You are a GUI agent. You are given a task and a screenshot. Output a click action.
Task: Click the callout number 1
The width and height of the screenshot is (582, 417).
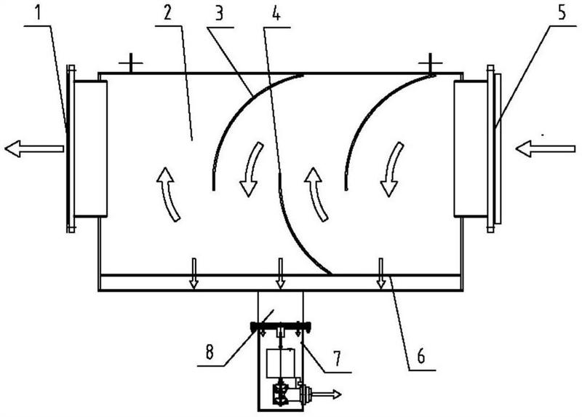tap(38, 13)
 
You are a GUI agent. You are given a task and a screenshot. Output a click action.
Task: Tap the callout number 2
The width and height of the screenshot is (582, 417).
tap(167, 13)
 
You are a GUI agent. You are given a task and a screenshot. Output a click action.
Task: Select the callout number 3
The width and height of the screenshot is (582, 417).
tap(219, 13)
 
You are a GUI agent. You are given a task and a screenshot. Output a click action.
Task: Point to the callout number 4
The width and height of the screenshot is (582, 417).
tap(276, 13)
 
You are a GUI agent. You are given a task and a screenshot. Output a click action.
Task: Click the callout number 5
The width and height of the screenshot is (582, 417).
tap(562, 12)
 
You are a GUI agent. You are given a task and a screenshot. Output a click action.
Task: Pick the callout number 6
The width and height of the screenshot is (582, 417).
tap(421, 356)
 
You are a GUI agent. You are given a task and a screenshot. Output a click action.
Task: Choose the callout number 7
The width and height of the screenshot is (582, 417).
tap(337, 358)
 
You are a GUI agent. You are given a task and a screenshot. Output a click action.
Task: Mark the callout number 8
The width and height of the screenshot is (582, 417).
tap(210, 352)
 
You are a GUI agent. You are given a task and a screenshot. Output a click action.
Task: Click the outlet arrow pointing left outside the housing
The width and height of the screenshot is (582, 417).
tap(33, 148)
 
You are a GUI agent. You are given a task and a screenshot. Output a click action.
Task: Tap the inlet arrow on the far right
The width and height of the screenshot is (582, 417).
tap(545, 149)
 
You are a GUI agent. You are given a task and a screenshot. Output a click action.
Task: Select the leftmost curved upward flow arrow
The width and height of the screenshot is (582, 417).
tap(169, 194)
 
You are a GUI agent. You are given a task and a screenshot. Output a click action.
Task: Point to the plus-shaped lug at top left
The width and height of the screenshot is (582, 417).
tap(131, 64)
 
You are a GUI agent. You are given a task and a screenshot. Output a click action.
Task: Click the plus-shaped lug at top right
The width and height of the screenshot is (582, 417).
tap(430, 64)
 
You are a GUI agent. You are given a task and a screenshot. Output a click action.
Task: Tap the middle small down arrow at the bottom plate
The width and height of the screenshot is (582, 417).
tap(281, 274)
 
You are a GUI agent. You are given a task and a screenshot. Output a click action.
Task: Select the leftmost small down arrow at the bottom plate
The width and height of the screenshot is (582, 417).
tap(194, 274)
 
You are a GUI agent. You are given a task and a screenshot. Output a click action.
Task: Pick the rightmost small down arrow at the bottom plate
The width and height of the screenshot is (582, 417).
tap(380, 274)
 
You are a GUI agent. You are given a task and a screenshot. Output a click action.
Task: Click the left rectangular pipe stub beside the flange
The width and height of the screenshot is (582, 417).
tap(90, 148)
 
